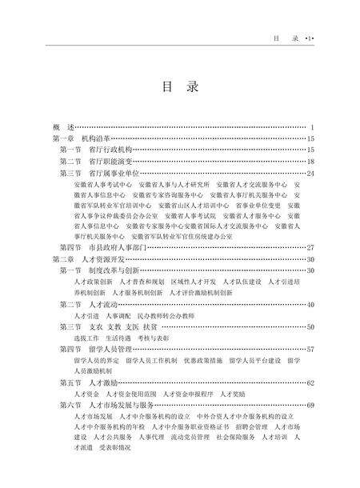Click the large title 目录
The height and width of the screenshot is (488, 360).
(x=180, y=87)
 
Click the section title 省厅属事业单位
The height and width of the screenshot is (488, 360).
(x=111, y=172)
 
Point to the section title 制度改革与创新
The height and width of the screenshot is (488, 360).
(x=111, y=270)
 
